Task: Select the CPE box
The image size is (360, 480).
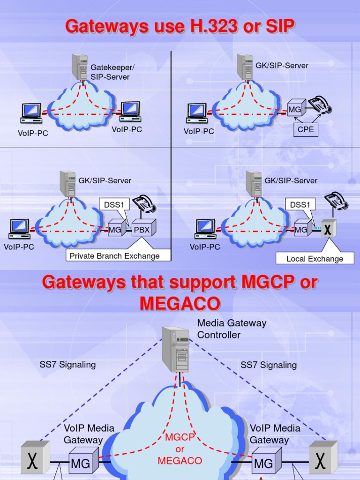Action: pos(305,129)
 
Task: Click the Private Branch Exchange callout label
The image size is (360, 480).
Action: pos(114,256)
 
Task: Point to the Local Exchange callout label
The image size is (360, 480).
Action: pos(315,259)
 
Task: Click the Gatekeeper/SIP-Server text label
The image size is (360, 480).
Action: pos(110,72)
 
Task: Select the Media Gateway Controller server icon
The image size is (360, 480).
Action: pos(176,349)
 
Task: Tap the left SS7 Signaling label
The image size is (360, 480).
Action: pos(67,365)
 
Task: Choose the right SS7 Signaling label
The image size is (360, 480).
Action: pos(269,365)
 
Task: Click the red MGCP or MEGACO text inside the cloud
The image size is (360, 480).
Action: pos(180,449)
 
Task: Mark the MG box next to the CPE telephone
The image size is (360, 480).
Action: pos(296,110)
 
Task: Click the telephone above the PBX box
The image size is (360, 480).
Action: pos(144,204)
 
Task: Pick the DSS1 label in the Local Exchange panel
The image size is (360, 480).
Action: pos(300,205)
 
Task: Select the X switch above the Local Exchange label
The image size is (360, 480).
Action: pos(329,229)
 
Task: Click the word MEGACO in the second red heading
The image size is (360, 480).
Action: pos(180,304)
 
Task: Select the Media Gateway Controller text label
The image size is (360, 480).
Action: pos(232,329)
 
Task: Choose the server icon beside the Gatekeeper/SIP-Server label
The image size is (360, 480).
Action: pos(80,67)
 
